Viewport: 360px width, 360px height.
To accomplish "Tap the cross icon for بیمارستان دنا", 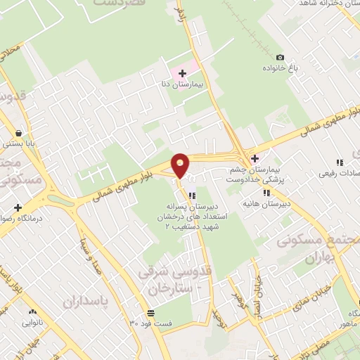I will pyautogui.click(x=182, y=73).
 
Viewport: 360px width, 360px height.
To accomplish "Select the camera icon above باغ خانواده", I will pyautogui.click(x=281, y=57).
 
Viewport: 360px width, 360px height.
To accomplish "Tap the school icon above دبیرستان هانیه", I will pyautogui.click(x=266, y=193).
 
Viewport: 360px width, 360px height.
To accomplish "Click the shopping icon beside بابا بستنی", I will pyautogui.click(x=16, y=131).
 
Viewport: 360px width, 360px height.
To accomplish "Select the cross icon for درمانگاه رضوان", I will pyautogui.click(x=17, y=207).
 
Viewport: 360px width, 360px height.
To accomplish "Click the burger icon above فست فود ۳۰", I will pyautogui.click(x=150, y=313).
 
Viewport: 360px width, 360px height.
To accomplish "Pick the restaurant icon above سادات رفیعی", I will pyautogui.click(x=340, y=162).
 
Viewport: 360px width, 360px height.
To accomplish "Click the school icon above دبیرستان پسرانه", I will pyautogui.click(x=191, y=196).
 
